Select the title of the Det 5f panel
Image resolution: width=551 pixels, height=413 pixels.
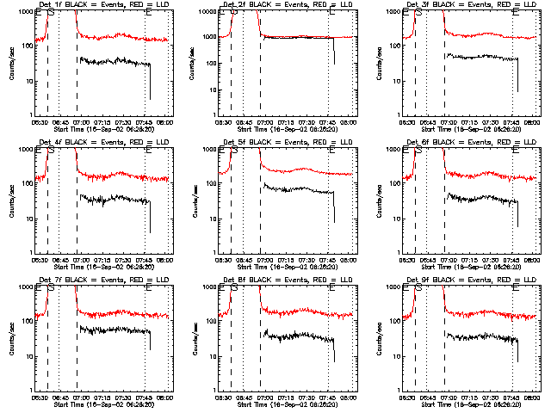286,142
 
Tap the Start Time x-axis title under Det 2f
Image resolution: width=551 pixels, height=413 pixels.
286,128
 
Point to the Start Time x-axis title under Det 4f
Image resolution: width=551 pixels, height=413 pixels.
102,266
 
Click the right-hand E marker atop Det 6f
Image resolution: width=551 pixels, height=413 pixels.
515,151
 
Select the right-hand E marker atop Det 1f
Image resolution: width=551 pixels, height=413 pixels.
148,13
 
